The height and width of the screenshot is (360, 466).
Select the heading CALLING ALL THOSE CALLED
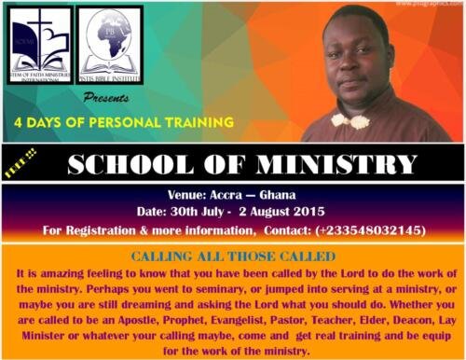pos(232,256)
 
